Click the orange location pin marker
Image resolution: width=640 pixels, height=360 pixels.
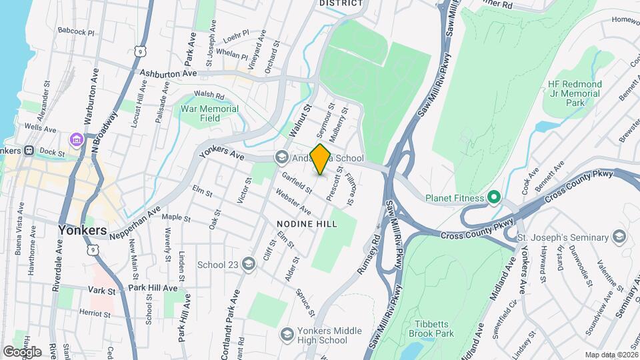[x=320, y=159]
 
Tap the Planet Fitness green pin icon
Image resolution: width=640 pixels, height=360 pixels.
[x=493, y=197]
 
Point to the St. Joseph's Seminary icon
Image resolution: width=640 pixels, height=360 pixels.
[x=620, y=237]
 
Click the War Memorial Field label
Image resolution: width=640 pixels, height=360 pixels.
[x=210, y=113]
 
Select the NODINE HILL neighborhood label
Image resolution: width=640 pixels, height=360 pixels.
[x=312, y=224]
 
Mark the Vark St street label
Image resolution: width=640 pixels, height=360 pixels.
[x=102, y=291]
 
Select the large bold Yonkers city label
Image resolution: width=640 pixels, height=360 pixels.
[x=82, y=230]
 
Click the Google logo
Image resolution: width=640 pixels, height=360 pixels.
[x=22, y=351]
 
